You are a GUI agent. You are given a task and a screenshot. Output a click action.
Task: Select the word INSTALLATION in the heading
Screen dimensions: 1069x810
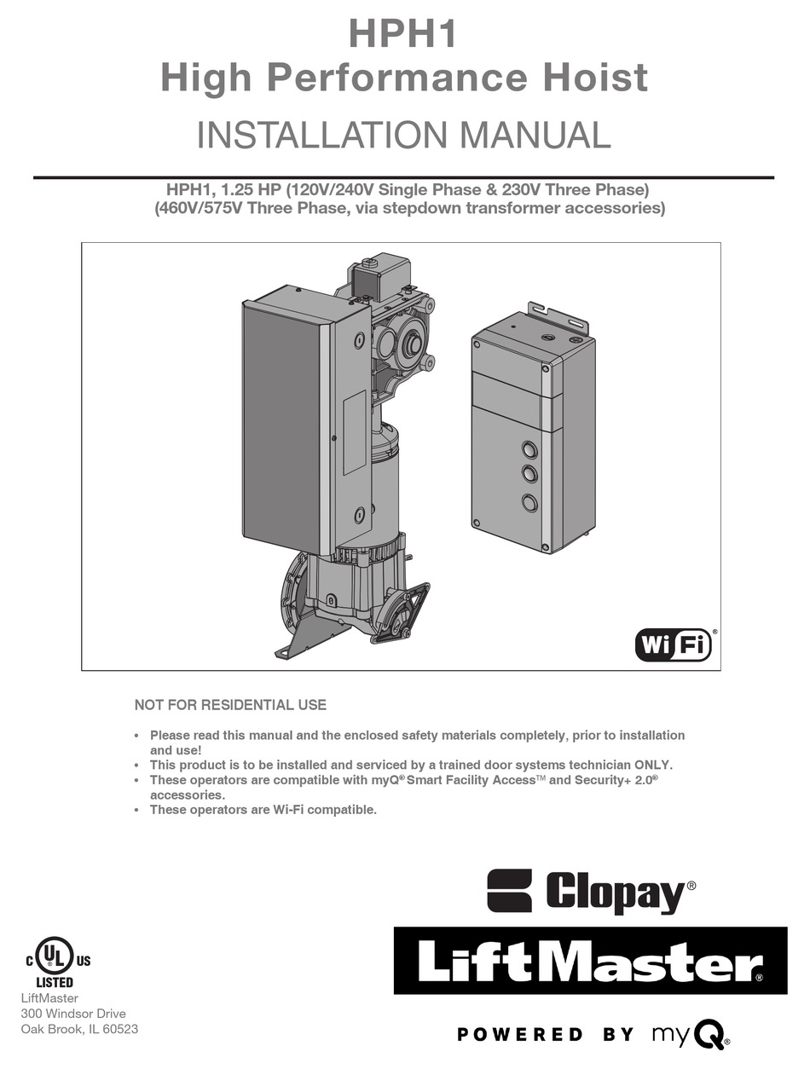coord(299,136)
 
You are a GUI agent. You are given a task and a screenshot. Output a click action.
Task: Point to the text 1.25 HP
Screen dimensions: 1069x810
coord(243,189)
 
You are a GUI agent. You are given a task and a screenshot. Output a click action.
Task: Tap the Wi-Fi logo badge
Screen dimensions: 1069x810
coord(673,644)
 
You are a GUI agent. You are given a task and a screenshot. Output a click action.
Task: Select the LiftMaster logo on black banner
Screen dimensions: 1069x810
coord(590,961)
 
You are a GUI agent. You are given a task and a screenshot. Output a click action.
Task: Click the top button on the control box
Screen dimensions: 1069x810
coord(529,449)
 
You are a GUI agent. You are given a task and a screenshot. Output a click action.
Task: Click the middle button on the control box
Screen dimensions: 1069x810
coord(529,475)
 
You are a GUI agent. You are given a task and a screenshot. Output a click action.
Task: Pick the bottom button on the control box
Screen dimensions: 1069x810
coord(529,502)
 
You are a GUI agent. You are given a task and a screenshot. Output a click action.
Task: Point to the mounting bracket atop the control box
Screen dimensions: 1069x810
coord(559,316)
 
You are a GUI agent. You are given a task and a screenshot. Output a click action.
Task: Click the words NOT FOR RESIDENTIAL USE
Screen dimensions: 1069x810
coord(230,705)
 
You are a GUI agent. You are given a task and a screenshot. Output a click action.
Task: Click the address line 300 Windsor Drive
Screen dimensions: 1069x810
coord(73,1014)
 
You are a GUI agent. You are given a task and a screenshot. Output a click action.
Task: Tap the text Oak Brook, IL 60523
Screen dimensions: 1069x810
coord(79,1029)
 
